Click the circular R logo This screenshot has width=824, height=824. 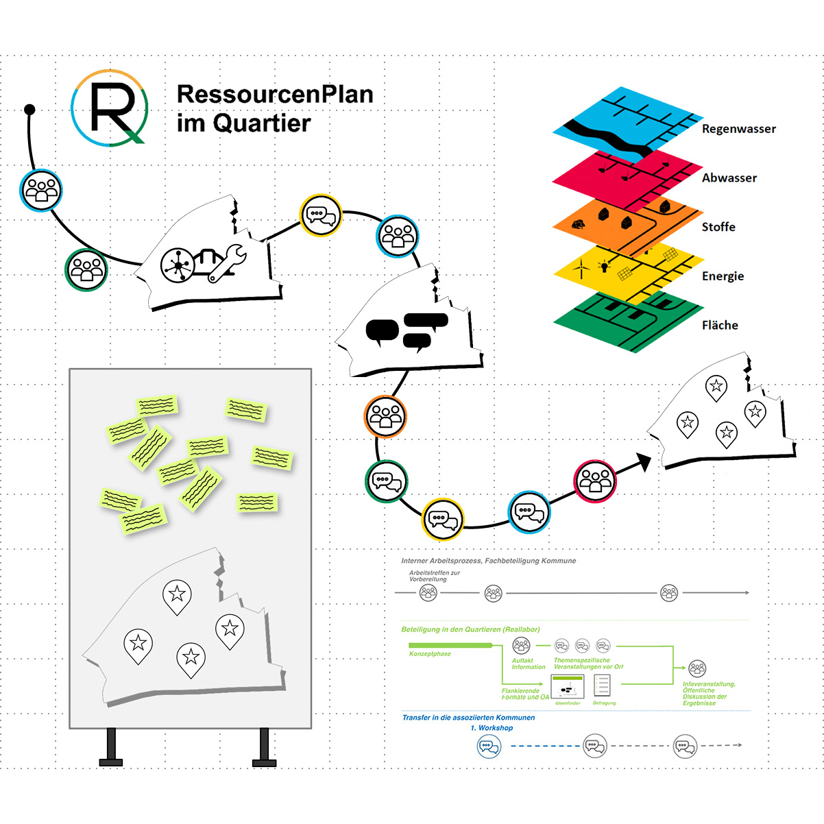(110, 107)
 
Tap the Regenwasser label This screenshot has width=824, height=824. (738, 129)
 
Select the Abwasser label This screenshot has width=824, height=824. (729, 178)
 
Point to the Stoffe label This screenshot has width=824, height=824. (718, 227)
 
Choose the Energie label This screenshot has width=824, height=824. (723, 276)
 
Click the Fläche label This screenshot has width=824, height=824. (719, 326)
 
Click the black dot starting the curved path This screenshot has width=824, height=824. (29, 109)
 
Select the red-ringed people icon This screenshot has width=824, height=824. (594, 481)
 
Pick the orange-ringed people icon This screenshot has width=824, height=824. (385, 416)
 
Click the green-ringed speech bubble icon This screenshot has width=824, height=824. (386, 481)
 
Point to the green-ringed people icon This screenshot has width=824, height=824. (86, 269)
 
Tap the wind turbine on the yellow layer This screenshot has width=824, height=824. (581, 267)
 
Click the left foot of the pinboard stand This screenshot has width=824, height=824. (111, 761)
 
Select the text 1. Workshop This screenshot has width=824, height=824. (492, 728)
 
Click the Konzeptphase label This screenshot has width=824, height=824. (430, 654)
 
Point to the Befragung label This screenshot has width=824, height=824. (605, 703)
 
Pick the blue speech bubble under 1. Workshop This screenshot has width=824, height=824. (489, 746)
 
